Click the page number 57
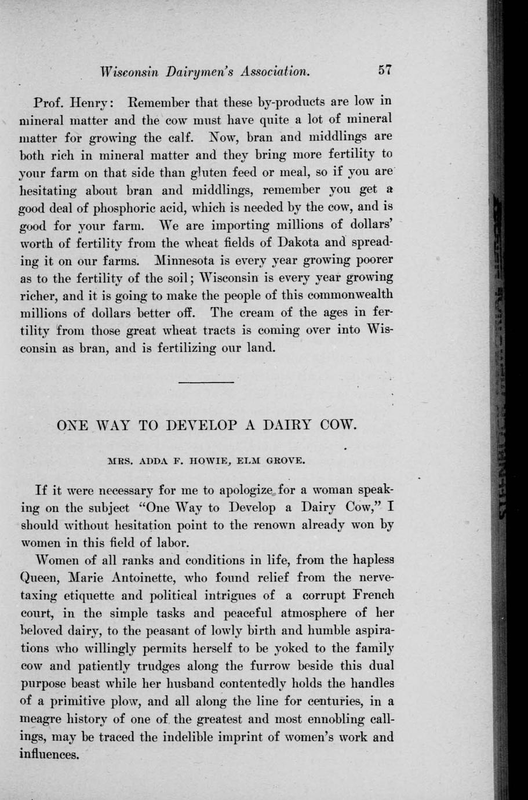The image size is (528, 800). tap(385, 70)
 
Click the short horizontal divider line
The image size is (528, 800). tap(206, 383)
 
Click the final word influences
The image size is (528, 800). tap(49, 755)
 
